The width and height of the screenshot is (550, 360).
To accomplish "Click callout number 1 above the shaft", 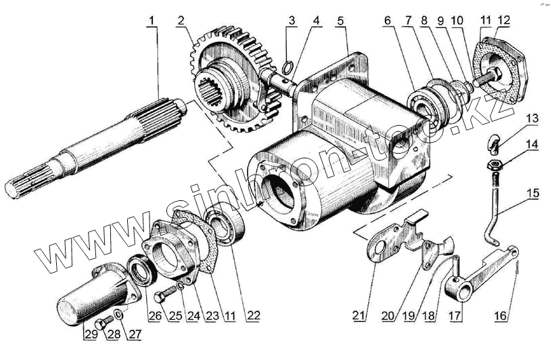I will (x=153, y=21).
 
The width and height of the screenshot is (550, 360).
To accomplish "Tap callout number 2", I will (x=181, y=21).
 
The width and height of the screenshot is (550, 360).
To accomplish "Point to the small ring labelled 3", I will (x=288, y=66).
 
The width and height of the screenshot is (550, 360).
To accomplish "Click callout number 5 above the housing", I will (x=342, y=21).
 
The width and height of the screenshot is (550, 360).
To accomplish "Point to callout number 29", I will (x=88, y=332).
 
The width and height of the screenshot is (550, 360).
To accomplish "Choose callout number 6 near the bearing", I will (x=386, y=21).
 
